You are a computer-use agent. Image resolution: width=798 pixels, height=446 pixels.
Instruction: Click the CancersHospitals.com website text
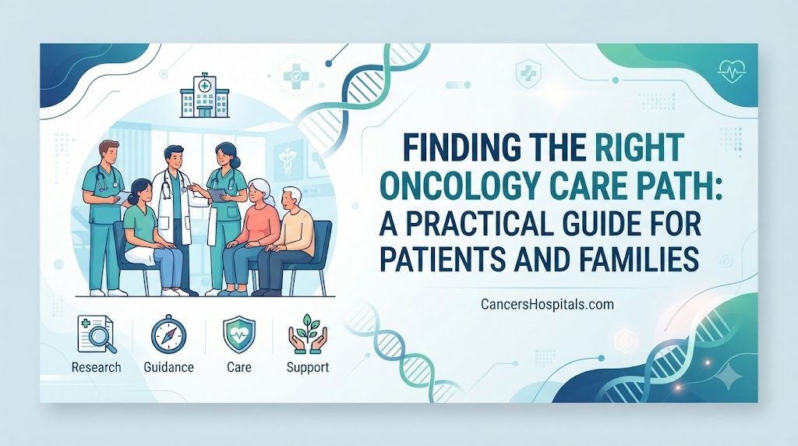coord(547,304)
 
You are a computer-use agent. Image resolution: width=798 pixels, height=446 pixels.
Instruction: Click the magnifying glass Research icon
coord(97,334)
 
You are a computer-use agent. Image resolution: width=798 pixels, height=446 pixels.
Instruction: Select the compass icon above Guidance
coord(168,334)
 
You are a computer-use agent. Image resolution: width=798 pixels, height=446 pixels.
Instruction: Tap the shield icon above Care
coord(238,334)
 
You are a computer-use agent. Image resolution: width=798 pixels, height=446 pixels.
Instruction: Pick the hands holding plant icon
coord(307,334)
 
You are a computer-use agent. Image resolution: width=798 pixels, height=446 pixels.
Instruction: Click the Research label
coord(96,367)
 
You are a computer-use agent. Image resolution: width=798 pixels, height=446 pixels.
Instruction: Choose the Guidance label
coord(168,367)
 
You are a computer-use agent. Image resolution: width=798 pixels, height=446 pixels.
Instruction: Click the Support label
coord(308,367)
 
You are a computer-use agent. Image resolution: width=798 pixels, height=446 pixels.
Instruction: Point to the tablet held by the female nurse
coord(218,194)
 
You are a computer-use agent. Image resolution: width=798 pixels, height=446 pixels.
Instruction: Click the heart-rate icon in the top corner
coord(731,72)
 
